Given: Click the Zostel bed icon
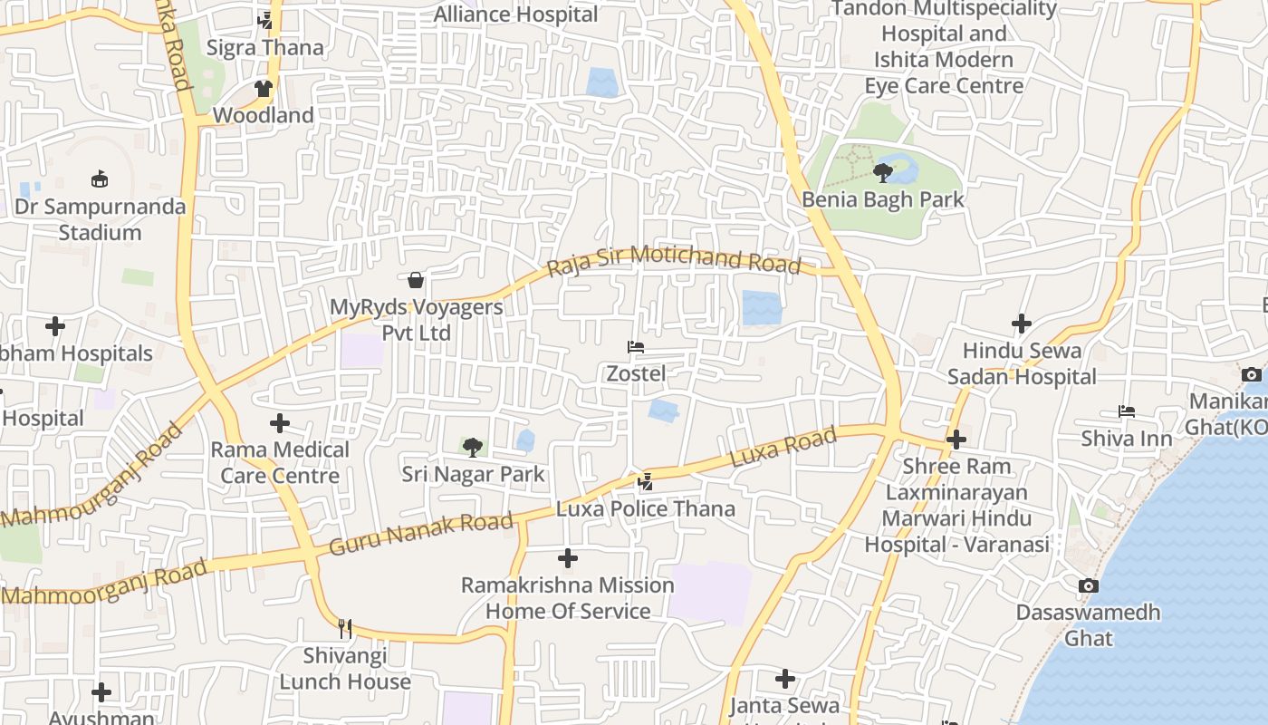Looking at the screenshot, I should tap(636, 347).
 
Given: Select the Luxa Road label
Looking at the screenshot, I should tap(783, 448).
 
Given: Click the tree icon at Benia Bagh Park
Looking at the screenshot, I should tap(883, 172).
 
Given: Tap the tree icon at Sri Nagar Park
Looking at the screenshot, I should tap(473, 447).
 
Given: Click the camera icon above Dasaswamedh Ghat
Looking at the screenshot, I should tap(1089, 585).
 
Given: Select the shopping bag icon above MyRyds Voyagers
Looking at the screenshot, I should tap(416, 280).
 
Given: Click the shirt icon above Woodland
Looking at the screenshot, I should tap(264, 89).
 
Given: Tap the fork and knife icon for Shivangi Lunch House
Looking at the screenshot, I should tap(345, 628).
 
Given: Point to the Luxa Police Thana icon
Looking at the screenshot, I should tap(645, 481).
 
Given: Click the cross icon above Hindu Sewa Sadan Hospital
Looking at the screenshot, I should tap(1022, 324).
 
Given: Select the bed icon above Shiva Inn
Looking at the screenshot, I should tap(1127, 411).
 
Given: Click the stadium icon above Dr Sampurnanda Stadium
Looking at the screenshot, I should tap(100, 179).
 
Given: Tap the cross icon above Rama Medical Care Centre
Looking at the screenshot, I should tap(280, 423).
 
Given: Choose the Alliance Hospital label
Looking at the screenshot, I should tap(516, 14).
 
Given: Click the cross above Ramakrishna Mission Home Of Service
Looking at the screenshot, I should tap(568, 558).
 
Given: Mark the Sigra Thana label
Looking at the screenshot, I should tap(265, 47).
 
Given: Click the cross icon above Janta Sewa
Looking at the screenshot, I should tap(785, 679).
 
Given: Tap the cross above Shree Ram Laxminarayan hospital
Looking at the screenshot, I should tap(956, 440).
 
